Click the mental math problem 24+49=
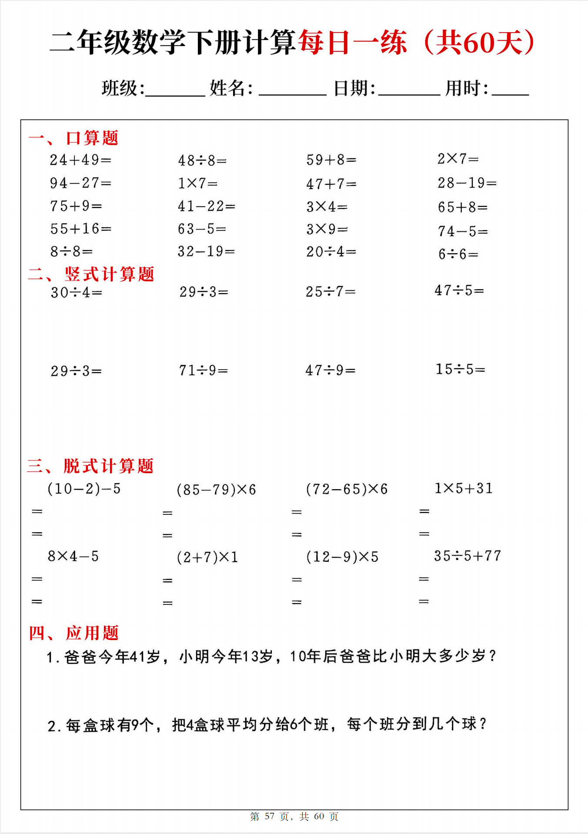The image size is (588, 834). [80, 160]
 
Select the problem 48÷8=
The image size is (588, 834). [202, 161]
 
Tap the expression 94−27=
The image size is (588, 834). [80, 183]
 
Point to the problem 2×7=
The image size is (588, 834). [458, 159]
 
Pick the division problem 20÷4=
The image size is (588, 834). [331, 252]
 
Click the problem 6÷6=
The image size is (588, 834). [458, 254]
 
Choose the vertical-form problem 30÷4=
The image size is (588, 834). [77, 293]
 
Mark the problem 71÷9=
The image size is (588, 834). [204, 370]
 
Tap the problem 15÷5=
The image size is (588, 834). [460, 369]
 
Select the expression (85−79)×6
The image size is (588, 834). [216, 490]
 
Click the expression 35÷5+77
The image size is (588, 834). [468, 556]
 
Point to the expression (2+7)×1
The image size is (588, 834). [207, 557]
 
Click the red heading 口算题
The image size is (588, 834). [92, 138]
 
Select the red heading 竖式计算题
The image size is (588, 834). [110, 274]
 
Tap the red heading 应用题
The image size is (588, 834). [92, 633]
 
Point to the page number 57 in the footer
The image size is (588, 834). [270, 816]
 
